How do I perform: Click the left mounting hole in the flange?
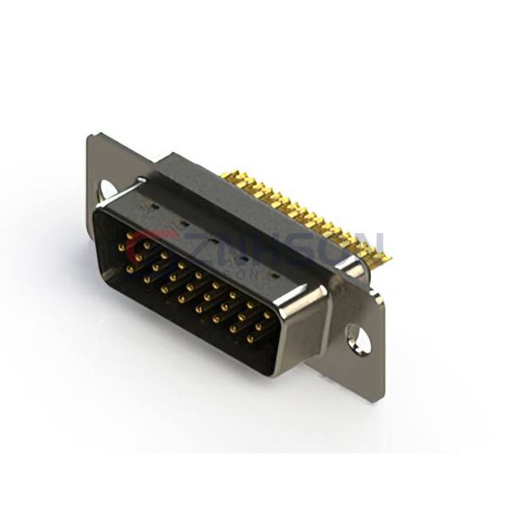pos(109,188)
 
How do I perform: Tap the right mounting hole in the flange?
pos(361,339)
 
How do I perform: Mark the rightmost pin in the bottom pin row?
pos(251,338)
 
